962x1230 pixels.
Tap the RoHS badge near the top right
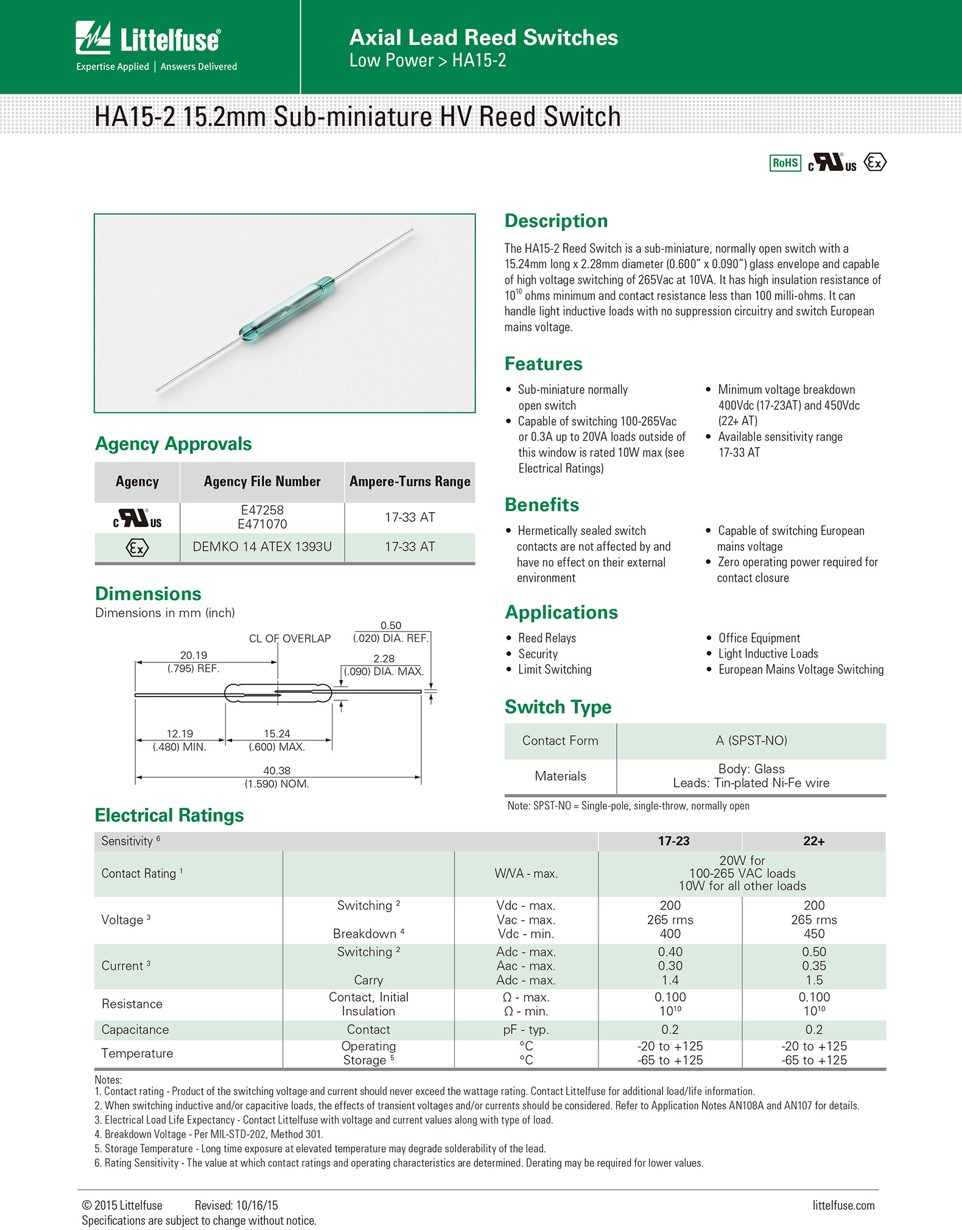pyautogui.click(x=785, y=163)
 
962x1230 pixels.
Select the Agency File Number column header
pyautogui.click(x=262, y=482)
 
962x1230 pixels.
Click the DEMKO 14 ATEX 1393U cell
pyautogui.click(x=262, y=547)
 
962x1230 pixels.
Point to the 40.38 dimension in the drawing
pyautogui.click(x=276, y=771)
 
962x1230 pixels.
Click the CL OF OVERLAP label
pyautogui.click(x=290, y=638)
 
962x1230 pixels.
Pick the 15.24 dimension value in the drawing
pyautogui.click(x=277, y=734)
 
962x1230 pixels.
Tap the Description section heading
pyautogui.click(x=556, y=220)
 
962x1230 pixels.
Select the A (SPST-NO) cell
pyautogui.click(x=751, y=740)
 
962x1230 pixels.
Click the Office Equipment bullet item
pyautogui.click(x=759, y=638)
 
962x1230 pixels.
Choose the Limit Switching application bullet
pyautogui.click(x=555, y=670)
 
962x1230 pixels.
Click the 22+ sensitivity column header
pyautogui.click(x=813, y=841)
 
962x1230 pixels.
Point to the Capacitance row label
pyautogui.click(x=135, y=1030)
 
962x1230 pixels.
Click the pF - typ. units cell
pyautogui.click(x=526, y=1030)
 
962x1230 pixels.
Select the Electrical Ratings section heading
pyautogui.click(x=169, y=815)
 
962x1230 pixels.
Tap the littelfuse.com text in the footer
pyautogui.click(x=843, y=1206)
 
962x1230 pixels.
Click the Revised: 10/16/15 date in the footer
pyautogui.click(x=236, y=1206)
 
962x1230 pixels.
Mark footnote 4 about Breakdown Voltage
pyautogui.click(x=209, y=1134)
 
